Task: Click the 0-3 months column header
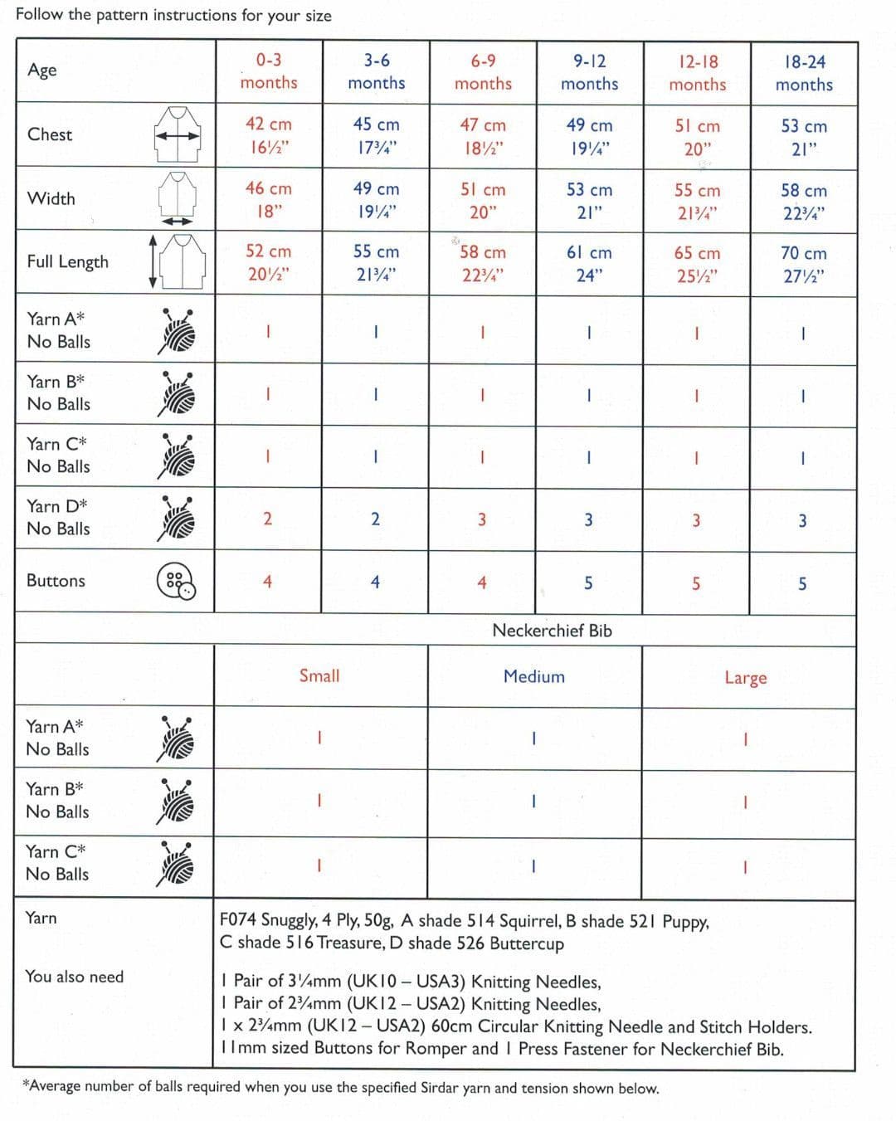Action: click(268, 71)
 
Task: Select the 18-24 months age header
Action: click(804, 73)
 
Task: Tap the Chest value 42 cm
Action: click(268, 124)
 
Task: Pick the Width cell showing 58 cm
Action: click(803, 191)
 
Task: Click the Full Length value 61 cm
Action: click(589, 253)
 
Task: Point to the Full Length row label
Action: click(67, 262)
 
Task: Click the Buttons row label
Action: click(56, 581)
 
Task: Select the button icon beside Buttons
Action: click(176, 582)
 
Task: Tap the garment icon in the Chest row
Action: click(177, 134)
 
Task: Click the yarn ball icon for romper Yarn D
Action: click(177, 519)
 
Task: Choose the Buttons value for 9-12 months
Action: click(588, 583)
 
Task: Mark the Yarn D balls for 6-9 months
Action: click(482, 520)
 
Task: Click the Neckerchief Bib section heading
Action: click(552, 631)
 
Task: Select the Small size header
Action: click(319, 676)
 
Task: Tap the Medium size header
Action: click(533, 677)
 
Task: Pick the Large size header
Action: click(745, 678)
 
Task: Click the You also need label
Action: click(74, 977)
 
